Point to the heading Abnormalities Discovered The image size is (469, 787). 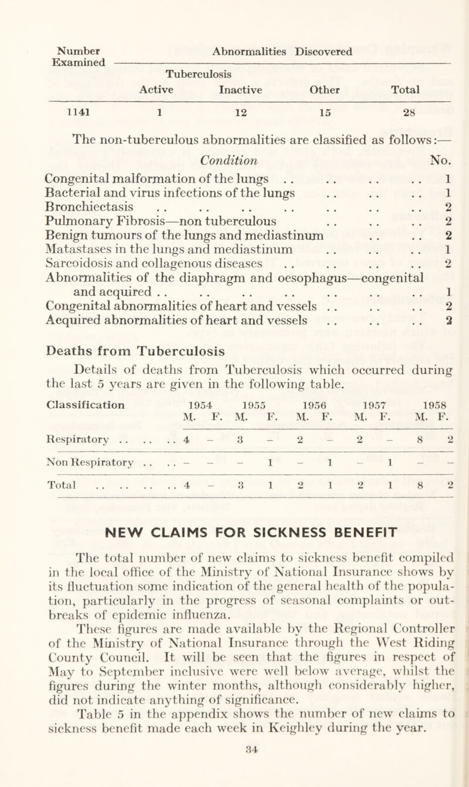[x=277, y=51]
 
